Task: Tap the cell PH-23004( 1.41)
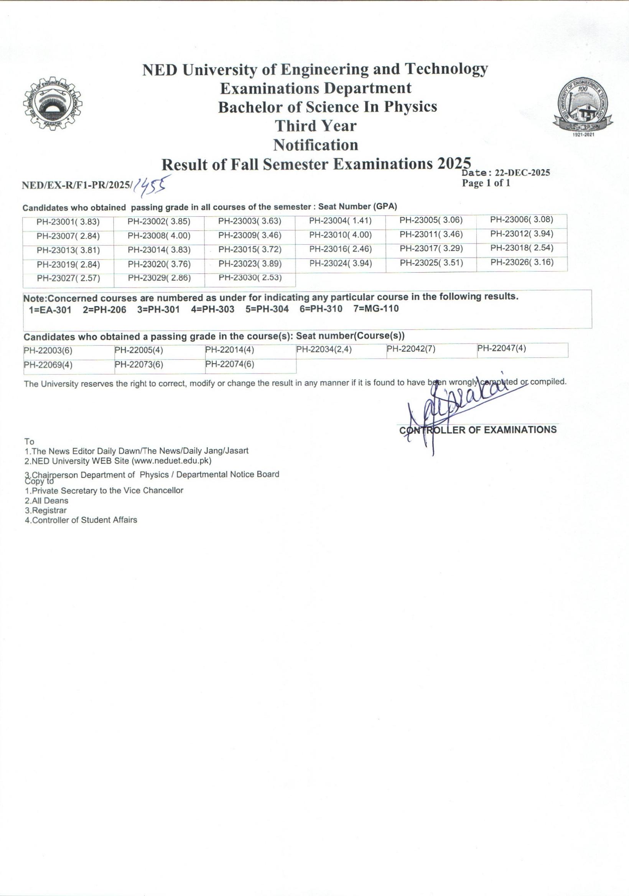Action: (340, 221)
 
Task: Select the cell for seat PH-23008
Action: (159, 236)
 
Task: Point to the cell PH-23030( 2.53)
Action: (250, 278)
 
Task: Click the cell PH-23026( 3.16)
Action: (522, 262)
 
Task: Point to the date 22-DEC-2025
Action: (522, 173)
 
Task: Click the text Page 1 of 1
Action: (486, 183)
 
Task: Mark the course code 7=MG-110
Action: (376, 309)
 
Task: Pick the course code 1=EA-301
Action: (50, 310)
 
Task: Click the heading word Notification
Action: (315, 145)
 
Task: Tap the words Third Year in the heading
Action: (315, 126)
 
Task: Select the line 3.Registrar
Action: (46, 511)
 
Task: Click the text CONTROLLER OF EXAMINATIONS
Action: (478, 430)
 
